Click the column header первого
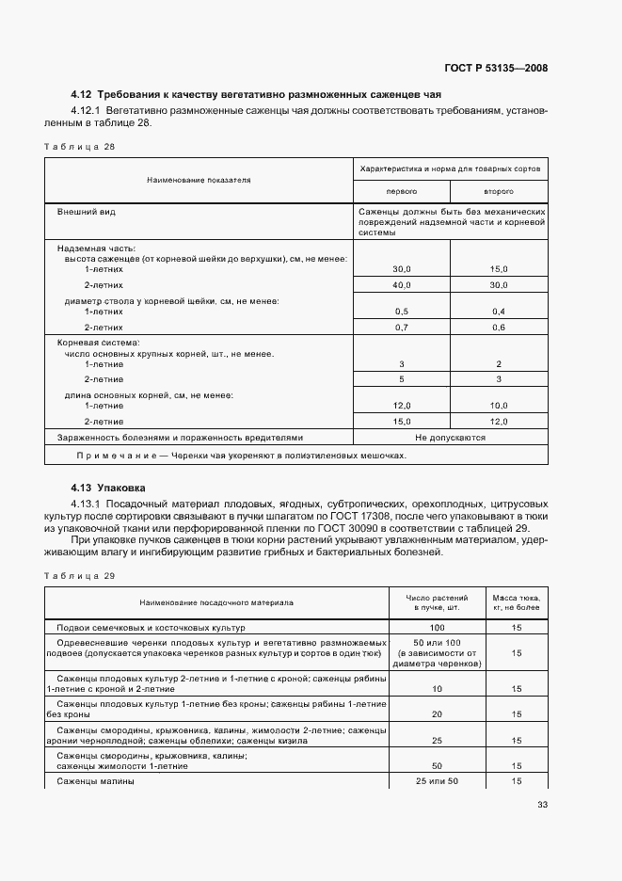tap(402, 190)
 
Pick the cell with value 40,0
tap(402, 284)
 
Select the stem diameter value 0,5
tap(402, 311)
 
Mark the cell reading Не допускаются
tap(450, 438)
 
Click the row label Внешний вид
tap(85, 213)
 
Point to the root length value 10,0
tap(499, 405)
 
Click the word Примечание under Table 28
tap(119, 455)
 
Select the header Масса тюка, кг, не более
tap(517, 602)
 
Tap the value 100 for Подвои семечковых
tap(437, 627)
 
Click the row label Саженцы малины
tap(95, 781)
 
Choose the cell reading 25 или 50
tap(437, 781)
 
